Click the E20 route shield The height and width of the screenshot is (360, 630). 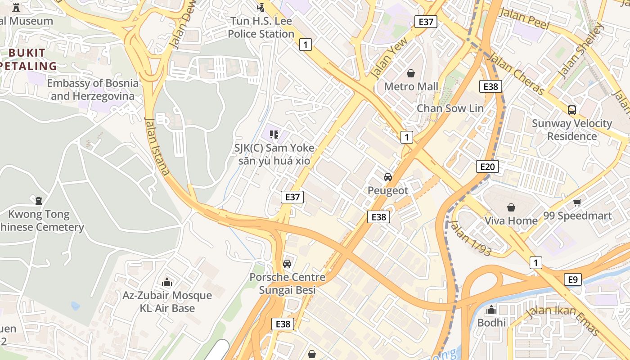[x=487, y=167]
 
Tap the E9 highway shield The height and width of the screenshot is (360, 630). [x=572, y=279]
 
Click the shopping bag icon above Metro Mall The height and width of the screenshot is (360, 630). [x=411, y=73]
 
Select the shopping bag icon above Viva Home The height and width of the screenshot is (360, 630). [x=511, y=207]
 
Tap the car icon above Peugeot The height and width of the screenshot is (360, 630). [x=388, y=177]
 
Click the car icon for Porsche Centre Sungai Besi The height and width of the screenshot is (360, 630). [x=287, y=264]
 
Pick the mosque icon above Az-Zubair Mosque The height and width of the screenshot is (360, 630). [x=167, y=282]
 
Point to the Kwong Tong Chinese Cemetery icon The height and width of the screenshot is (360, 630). [x=39, y=200]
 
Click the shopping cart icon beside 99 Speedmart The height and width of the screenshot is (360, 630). [x=577, y=203]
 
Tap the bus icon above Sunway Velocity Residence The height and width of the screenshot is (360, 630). [x=572, y=110]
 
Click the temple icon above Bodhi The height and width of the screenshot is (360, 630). [x=491, y=310]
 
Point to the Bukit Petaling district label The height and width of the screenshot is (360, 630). [x=28, y=59]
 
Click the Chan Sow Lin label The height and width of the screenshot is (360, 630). [x=450, y=108]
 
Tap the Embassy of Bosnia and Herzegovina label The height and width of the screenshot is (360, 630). [x=93, y=90]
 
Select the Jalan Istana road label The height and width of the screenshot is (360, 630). [x=157, y=146]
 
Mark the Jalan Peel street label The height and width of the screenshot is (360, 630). [x=524, y=19]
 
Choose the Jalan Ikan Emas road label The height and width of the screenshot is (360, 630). [x=563, y=320]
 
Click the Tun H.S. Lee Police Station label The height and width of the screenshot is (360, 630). [x=261, y=27]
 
